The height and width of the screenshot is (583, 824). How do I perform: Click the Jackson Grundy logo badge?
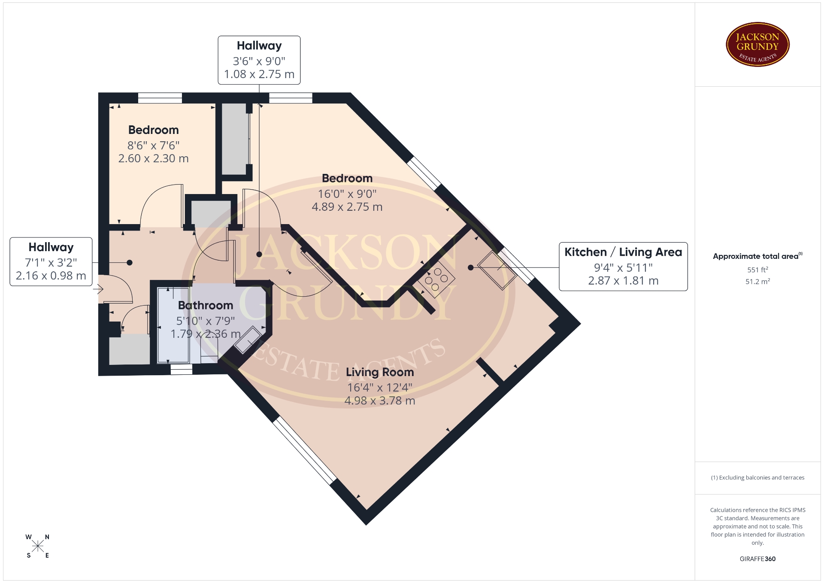coord(757,45)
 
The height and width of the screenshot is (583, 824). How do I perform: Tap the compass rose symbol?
coord(38,546)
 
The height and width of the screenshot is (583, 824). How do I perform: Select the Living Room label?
coord(380,372)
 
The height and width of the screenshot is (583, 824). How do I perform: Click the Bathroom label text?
coord(206,305)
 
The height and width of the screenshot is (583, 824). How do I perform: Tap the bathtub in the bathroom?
coord(173,325)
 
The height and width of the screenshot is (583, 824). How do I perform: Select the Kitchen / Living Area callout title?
coord(623,252)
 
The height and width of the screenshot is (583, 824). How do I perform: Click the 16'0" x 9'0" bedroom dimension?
coord(347,194)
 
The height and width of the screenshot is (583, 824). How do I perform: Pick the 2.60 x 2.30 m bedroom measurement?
coord(153,158)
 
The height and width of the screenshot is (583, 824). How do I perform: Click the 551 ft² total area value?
coord(757,270)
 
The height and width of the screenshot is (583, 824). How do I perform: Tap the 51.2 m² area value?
coord(757,282)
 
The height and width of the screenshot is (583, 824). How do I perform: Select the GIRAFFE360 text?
coord(757,559)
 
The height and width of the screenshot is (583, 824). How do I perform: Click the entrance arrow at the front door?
coord(99,289)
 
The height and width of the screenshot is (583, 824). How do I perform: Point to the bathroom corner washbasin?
coord(248,340)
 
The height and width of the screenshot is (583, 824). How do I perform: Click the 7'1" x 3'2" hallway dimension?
coord(51,263)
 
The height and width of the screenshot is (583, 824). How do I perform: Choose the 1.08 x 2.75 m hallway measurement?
coord(259,74)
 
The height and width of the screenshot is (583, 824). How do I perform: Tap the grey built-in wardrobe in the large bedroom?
coord(234,139)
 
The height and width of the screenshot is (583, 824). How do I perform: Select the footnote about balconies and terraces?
coord(757,477)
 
